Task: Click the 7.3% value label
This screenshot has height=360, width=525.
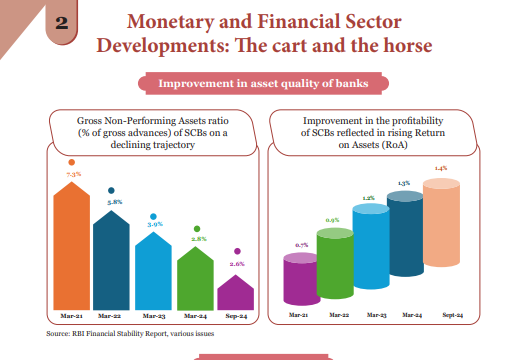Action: pyautogui.click(x=72, y=175)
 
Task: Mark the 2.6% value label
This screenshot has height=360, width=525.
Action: pyautogui.click(x=237, y=264)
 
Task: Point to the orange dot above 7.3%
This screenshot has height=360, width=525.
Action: pyautogui.click(x=71, y=162)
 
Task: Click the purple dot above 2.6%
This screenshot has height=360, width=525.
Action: pyautogui.click(x=237, y=251)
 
